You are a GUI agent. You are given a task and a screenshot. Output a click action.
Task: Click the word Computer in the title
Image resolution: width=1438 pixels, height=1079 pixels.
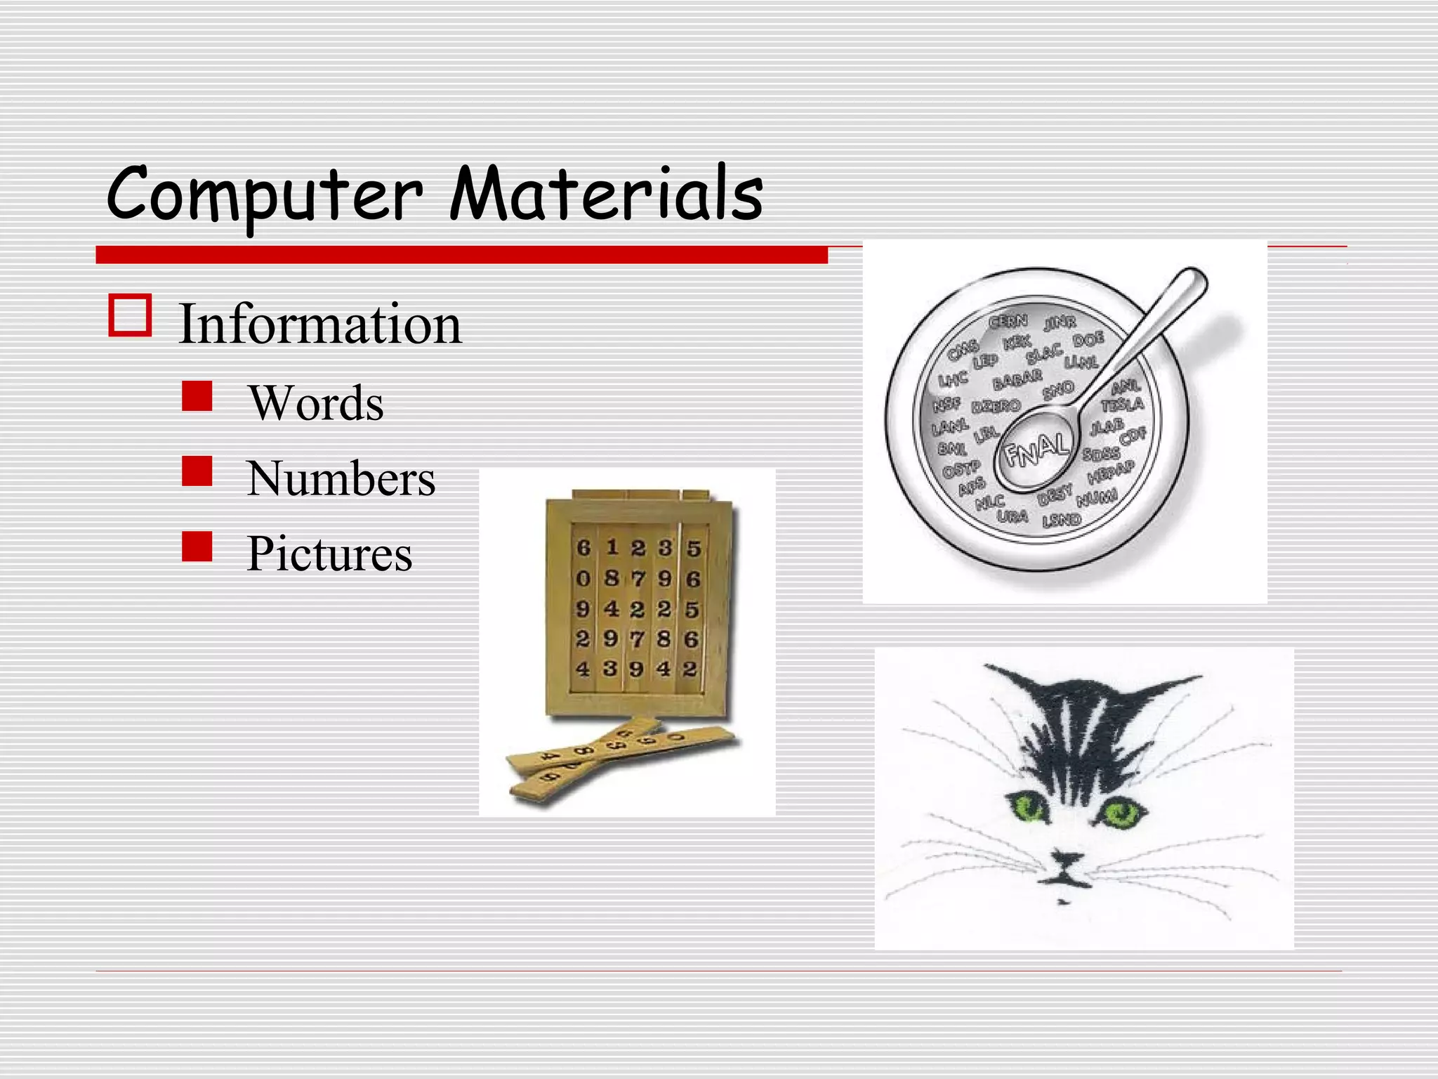264,194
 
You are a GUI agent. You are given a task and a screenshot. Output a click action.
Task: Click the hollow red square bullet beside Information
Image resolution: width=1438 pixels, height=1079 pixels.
130,315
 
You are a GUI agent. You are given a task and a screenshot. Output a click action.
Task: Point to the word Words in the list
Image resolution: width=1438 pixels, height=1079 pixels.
316,403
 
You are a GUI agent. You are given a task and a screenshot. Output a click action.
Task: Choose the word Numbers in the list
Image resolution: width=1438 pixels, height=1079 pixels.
341,478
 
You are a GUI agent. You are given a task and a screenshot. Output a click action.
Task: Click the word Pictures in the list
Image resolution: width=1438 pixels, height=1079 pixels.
329,554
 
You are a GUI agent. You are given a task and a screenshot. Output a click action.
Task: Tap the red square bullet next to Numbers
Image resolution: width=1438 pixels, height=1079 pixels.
197,471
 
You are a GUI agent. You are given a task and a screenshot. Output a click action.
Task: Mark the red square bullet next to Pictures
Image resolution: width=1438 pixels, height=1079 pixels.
197,547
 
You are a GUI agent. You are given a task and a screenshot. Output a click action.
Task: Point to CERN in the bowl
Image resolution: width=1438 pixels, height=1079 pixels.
1008,322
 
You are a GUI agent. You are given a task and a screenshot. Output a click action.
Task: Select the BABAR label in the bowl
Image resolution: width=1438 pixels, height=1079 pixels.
1017,380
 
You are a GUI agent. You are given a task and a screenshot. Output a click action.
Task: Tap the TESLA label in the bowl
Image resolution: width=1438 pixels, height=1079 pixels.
1122,405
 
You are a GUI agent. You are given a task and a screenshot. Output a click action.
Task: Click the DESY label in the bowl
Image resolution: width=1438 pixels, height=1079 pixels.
1055,496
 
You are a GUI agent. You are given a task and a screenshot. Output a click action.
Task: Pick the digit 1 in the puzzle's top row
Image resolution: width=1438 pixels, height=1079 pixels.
612,547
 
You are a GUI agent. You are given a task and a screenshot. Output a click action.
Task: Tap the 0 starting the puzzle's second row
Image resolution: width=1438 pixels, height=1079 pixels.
583,579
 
